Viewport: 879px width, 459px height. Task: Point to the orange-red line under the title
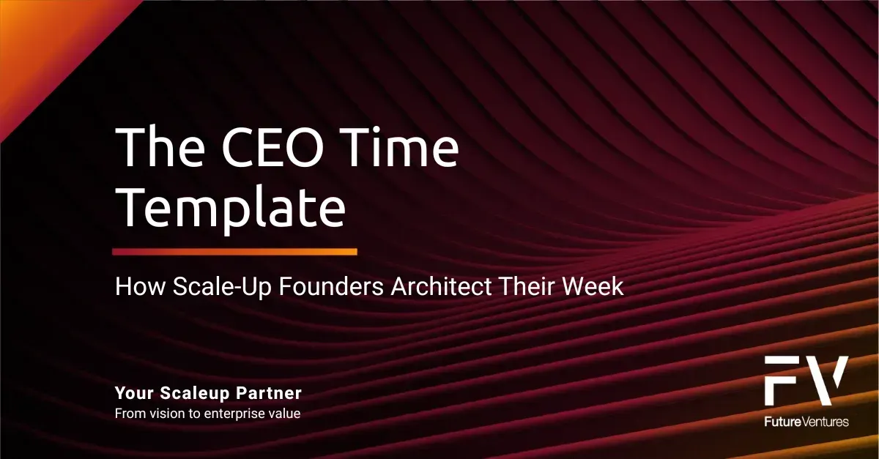click(x=234, y=252)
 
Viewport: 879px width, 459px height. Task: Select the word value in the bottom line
click(x=285, y=414)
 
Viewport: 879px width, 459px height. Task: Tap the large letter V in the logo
click(x=826, y=381)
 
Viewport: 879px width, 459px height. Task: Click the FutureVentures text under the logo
click(x=806, y=422)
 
